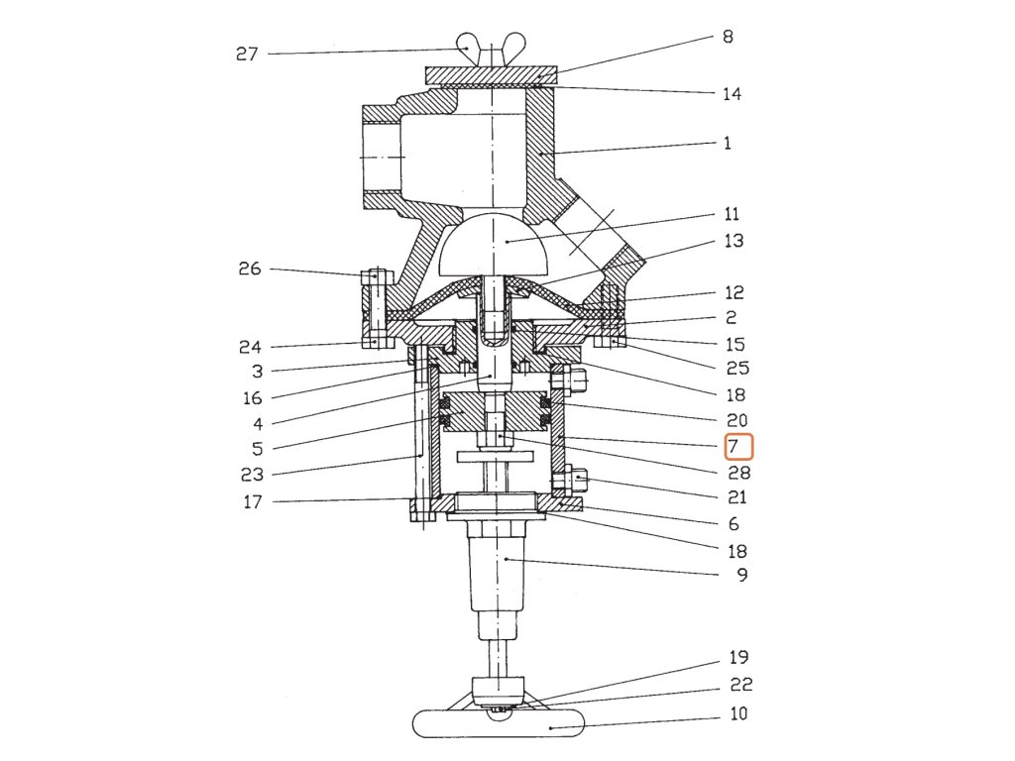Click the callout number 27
[247, 54]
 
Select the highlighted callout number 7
[738, 447]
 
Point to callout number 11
[732, 214]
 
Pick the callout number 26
[250, 269]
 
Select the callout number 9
[742, 574]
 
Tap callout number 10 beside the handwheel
[738, 713]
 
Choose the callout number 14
[732, 94]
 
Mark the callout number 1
[728, 143]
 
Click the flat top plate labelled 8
[492, 75]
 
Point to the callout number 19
[738, 657]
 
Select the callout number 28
[738, 474]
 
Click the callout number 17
[253, 502]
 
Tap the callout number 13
[733, 241]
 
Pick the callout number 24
[251, 348]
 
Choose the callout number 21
[736, 497]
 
